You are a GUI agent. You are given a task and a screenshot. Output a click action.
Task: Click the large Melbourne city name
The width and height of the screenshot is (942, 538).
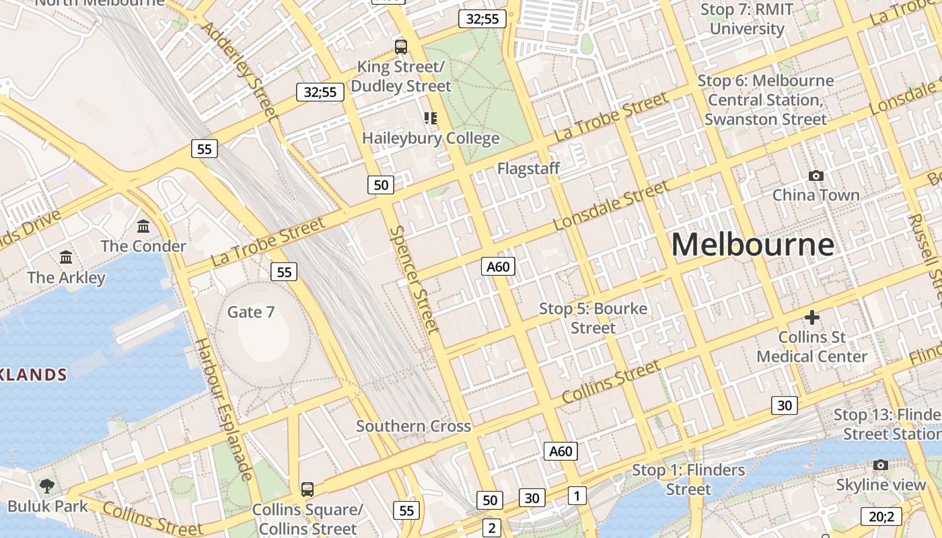[x=753, y=244]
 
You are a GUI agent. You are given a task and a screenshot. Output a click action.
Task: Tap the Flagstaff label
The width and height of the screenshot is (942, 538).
[x=528, y=168]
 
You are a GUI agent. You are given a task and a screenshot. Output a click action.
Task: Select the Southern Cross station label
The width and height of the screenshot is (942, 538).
[x=413, y=426]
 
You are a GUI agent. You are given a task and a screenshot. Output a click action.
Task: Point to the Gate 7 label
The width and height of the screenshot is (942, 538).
[x=251, y=312]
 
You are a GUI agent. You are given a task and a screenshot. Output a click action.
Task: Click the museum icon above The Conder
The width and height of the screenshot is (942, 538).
[x=143, y=226]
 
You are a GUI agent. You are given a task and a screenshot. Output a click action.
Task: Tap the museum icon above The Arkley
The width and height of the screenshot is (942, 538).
[x=66, y=257]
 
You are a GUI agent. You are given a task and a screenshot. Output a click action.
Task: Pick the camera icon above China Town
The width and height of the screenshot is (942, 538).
[x=816, y=176]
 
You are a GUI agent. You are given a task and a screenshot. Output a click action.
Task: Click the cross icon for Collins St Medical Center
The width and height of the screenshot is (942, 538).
[x=812, y=317]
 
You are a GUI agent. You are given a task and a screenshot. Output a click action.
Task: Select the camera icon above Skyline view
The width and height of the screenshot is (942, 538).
[x=881, y=465]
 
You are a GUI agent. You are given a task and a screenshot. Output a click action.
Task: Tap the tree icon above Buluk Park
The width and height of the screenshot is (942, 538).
[x=47, y=486]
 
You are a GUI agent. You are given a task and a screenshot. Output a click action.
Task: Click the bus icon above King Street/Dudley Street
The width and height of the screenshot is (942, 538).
[x=401, y=47]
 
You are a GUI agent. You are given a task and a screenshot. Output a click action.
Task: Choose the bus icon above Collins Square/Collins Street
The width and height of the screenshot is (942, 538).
[x=307, y=489]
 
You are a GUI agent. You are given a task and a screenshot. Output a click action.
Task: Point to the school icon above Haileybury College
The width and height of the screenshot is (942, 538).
[x=431, y=119]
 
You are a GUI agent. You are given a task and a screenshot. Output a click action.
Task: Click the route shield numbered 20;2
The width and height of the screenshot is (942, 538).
[x=881, y=516]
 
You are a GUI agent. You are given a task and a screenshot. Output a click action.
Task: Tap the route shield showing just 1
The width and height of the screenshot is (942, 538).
[x=577, y=496]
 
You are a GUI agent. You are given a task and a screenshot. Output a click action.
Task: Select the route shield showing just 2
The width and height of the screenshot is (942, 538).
[x=492, y=528]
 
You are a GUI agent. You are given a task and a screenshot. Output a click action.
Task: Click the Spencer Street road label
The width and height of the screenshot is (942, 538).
[x=414, y=279]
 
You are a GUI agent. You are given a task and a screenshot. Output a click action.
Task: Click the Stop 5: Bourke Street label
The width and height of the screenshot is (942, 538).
[x=593, y=318]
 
